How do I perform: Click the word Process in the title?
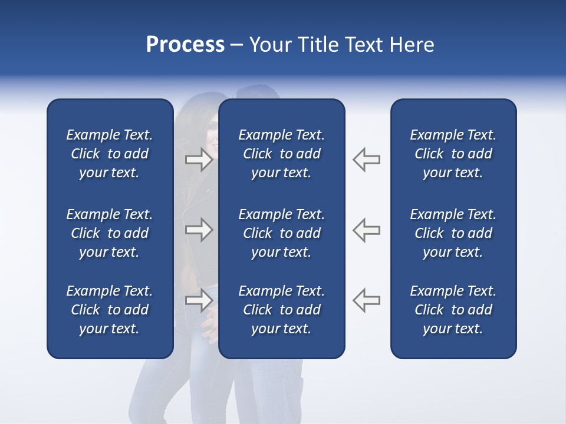(x=185, y=45)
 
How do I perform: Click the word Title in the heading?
(x=317, y=45)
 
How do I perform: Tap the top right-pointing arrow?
(x=199, y=160)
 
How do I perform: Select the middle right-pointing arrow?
(x=199, y=230)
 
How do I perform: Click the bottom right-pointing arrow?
(x=199, y=300)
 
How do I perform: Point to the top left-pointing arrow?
(x=366, y=160)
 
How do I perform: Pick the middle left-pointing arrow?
(x=366, y=230)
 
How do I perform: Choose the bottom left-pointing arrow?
(x=366, y=300)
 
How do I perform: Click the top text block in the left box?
(x=110, y=154)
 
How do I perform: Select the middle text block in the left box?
(x=110, y=233)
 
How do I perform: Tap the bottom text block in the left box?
(x=110, y=310)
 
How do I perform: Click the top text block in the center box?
(x=281, y=154)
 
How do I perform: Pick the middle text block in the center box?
(x=281, y=233)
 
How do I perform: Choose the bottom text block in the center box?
(x=281, y=310)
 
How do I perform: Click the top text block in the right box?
(x=453, y=154)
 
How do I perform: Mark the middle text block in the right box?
(x=453, y=233)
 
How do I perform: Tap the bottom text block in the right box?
(x=453, y=310)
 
